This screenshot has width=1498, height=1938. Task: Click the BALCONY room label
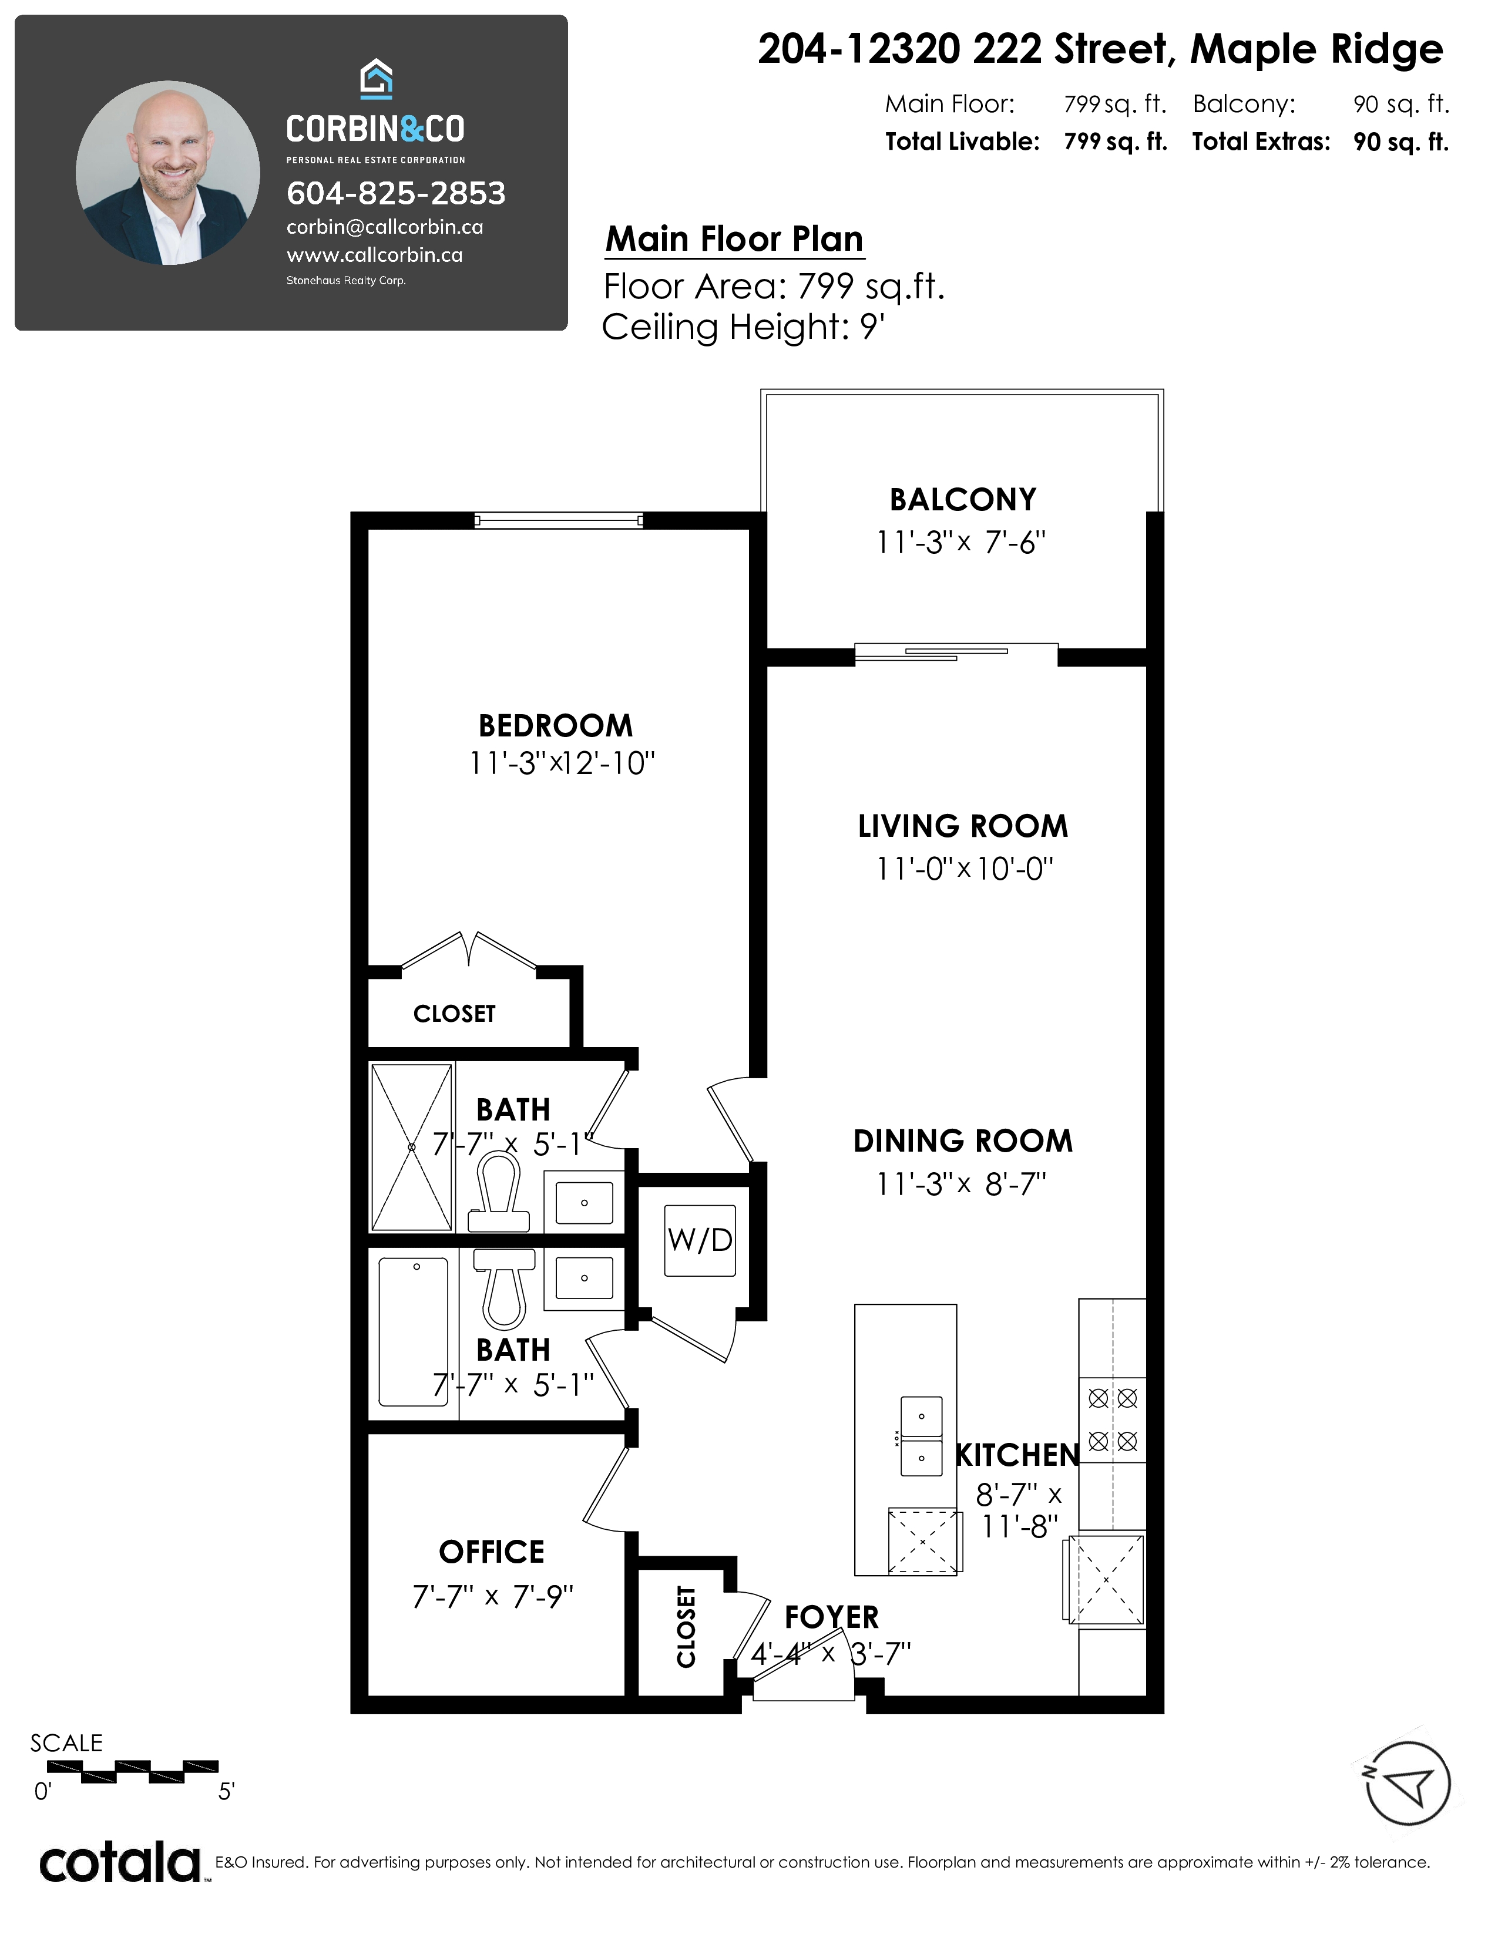[x=963, y=500]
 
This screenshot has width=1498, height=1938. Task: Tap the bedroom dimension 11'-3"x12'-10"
[x=562, y=763]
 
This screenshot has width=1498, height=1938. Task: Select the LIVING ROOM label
[x=963, y=826]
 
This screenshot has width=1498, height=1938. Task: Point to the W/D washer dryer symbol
[x=700, y=1240]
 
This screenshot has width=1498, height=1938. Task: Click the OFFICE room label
[x=492, y=1552]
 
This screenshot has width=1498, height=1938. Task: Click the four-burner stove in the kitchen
[x=1112, y=1420]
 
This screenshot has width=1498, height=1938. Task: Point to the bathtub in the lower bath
[x=414, y=1332]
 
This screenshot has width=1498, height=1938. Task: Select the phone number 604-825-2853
[x=396, y=193]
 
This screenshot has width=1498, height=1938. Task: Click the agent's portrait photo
[x=168, y=173]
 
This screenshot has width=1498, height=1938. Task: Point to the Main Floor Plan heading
[x=734, y=240]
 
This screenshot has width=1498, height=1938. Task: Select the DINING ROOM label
[x=963, y=1141]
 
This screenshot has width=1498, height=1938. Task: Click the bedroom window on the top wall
[x=558, y=521]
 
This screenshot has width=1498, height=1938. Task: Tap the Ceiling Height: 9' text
[x=744, y=328]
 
